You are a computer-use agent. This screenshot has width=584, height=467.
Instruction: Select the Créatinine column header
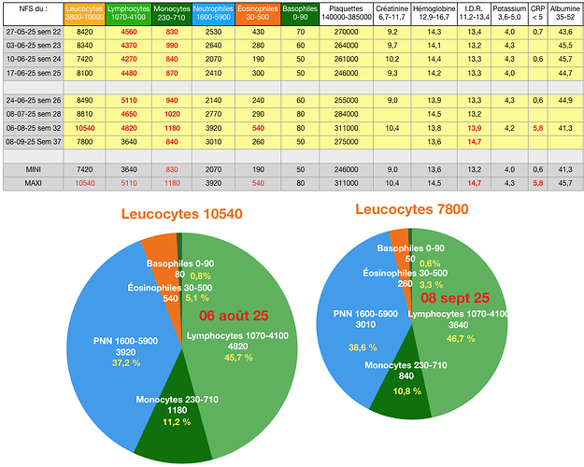(x=392, y=12)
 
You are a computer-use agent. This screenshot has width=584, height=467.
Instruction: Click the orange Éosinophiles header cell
(x=256, y=12)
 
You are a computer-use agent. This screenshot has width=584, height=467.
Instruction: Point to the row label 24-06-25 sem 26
(x=34, y=100)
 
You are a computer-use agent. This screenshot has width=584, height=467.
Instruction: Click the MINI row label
(x=34, y=170)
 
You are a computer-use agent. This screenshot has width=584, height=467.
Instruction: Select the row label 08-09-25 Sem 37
(x=34, y=140)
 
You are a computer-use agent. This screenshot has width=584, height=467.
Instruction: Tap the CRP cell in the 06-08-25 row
(x=537, y=127)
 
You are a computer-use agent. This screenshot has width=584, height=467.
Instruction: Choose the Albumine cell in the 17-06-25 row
(x=564, y=72)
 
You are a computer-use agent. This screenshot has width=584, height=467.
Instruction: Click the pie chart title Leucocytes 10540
(x=181, y=214)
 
